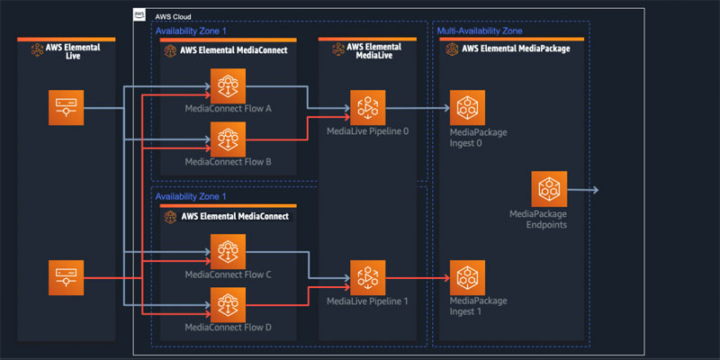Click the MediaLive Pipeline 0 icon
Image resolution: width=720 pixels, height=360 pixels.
point(367,108)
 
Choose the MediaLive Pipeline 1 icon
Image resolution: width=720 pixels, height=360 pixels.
point(367,276)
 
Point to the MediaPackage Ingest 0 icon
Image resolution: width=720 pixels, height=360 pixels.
point(468,108)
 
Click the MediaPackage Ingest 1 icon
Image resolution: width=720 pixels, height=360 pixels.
point(468,276)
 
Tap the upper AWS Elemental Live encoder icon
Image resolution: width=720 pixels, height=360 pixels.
point(66,108)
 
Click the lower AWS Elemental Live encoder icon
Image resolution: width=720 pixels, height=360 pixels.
point(66,276)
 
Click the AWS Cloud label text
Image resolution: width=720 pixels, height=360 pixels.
point(173,17)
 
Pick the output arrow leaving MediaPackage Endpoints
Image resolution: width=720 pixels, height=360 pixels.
point(583,190)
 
